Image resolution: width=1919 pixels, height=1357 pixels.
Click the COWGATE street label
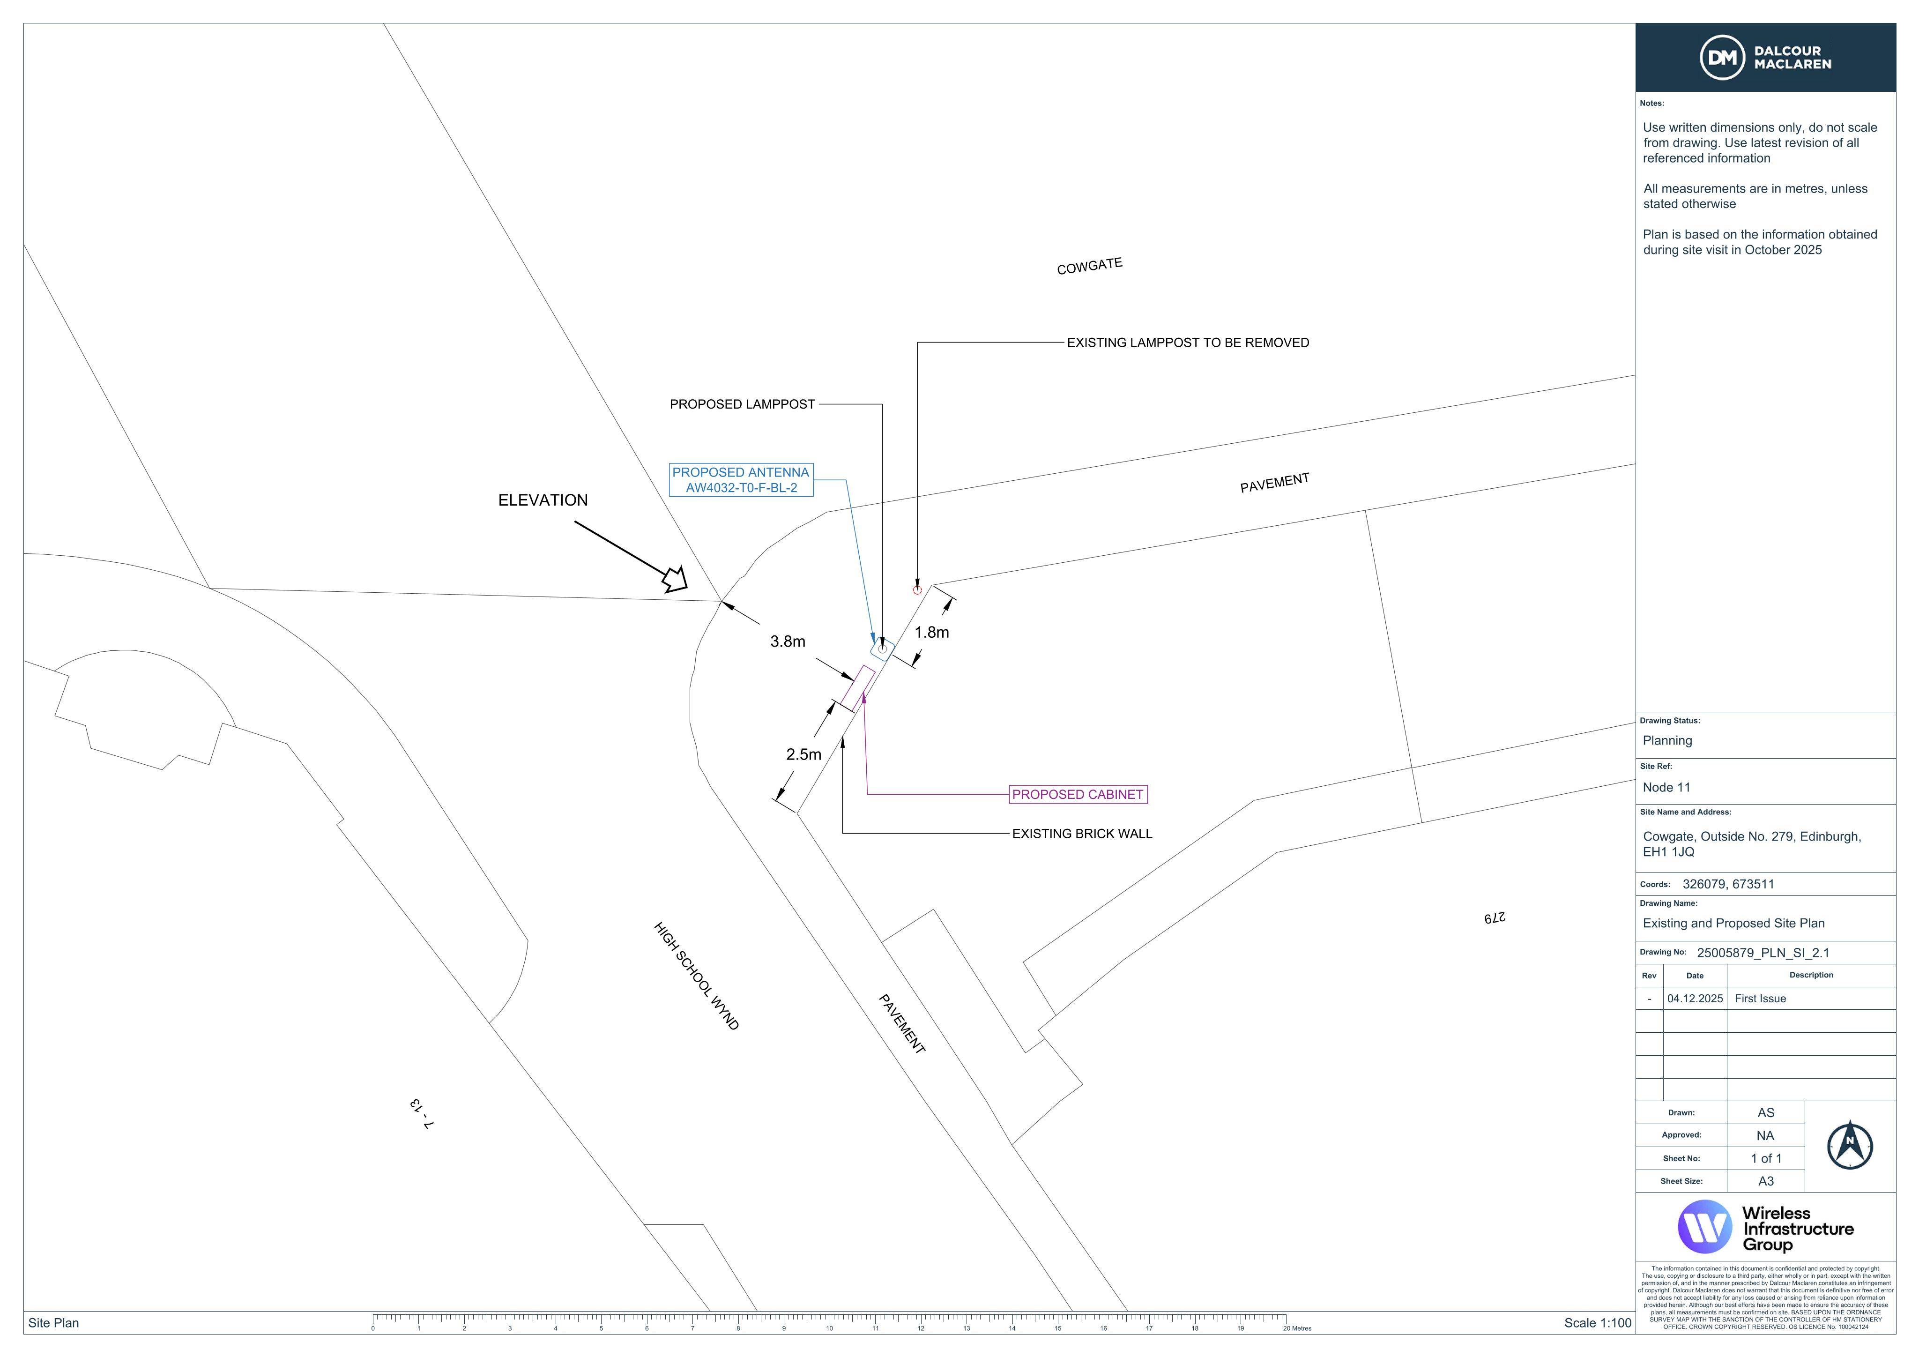pyautogui.click(x=1090, y=266)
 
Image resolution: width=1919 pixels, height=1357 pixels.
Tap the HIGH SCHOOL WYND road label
pyautogui.click(x=696, y=976)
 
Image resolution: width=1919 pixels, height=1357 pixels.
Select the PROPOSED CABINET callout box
pyautogui.click(x=1078, y=794)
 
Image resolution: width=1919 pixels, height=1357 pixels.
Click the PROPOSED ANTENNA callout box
pyautogui.click(x=741, y=480)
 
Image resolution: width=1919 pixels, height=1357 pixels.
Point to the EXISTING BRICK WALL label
pyautogui.click(x=1082, y=834)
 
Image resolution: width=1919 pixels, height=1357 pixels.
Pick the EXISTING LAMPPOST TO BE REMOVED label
pyautogui.click(x=1188, y=343)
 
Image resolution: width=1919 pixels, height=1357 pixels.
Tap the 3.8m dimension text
pyautogui.click(x=788, y=641)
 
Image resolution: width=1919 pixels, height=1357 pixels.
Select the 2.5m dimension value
pyautogui.click(x=803, y=754)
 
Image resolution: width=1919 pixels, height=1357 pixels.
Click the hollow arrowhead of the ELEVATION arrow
pyautogui.click(x=675, y=579)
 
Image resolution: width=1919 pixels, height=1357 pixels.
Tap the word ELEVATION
pyautogui.click(x=543, y=500)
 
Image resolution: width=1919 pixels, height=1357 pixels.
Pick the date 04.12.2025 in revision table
pyautogui.click(x=1695, y=999)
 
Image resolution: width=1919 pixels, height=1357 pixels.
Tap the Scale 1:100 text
pyautogui.click(x=1597, y=1323)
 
